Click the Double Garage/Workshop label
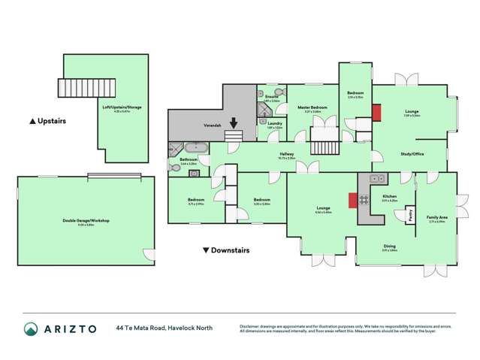(x=86, y=220)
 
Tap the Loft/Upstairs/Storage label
(x=122, y=107)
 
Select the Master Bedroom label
(x=312, y=108)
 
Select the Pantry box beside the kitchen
(x=411, y=213)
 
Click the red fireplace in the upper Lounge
(x=376, y=111)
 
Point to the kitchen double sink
(x=377, y=178)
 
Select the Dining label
(x=389, y=247)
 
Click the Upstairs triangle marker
(x=32, y=120)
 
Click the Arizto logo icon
(x=31, y=328)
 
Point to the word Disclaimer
(x=252, y=325)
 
